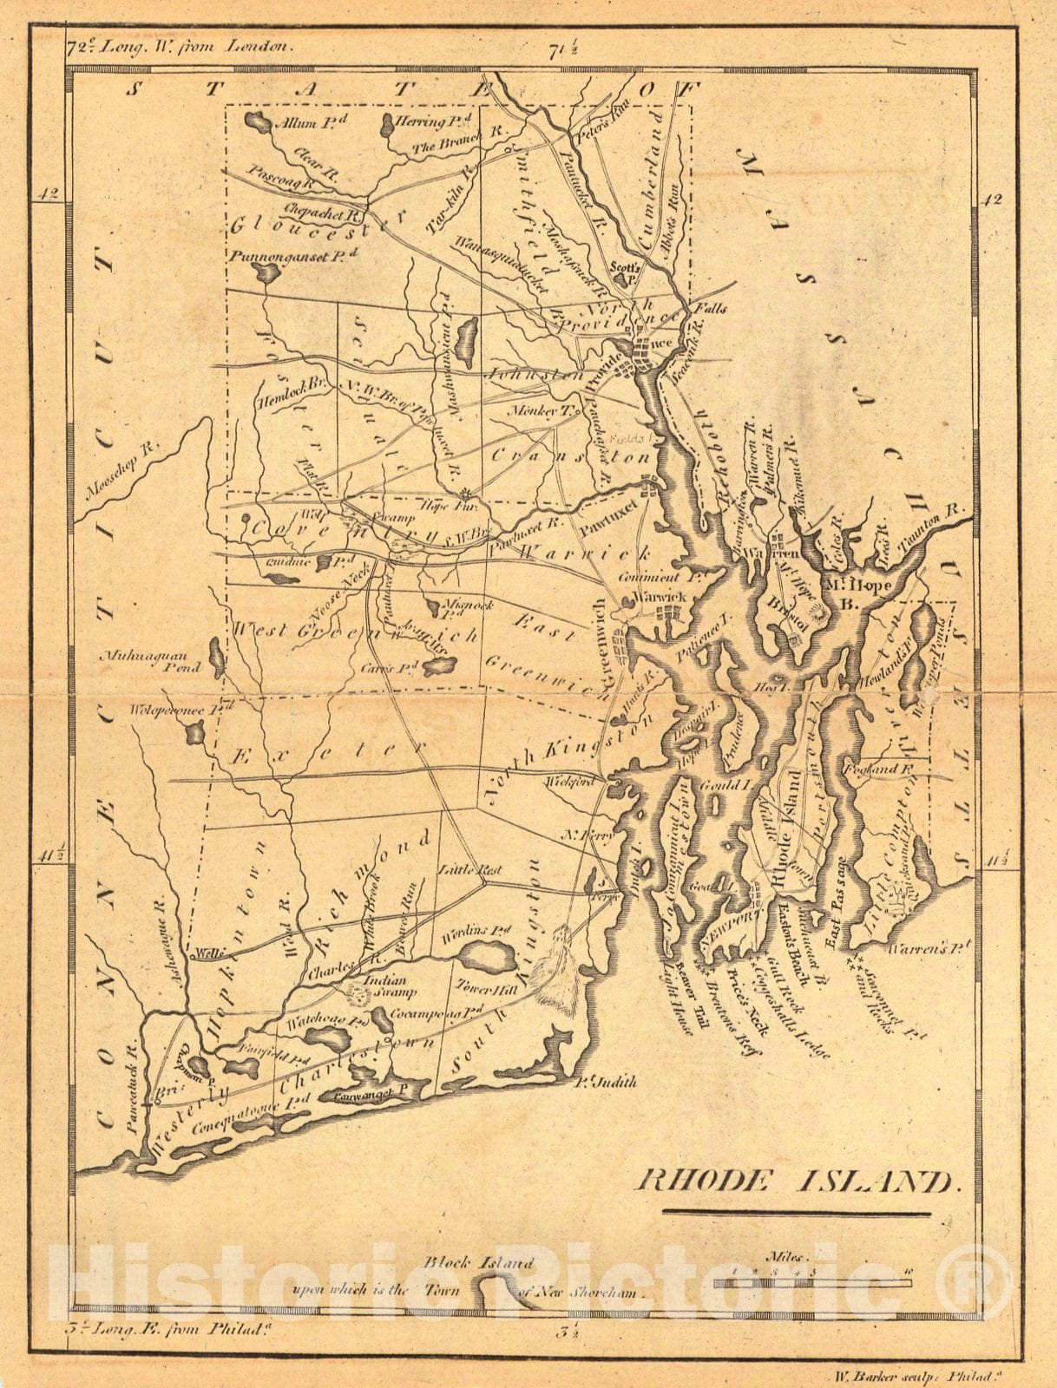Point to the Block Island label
point(478,1264)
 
